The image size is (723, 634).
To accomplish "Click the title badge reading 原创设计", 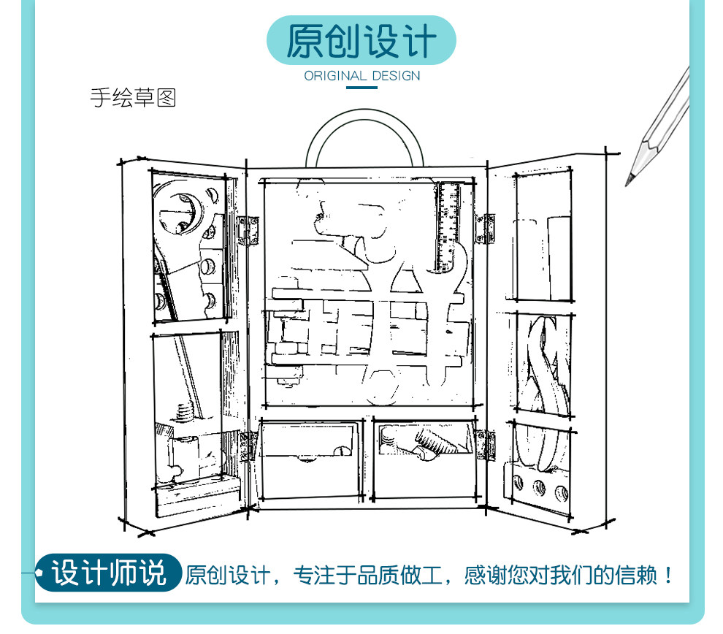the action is click(x=361, y=40).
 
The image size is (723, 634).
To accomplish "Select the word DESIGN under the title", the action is click(x=396, y=76).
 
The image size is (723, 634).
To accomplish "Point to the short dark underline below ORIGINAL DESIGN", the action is click(x=361, y=88).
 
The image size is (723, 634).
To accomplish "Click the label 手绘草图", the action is click(x=133, y=98).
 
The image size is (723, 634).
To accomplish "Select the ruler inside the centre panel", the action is click(x=448, y=226).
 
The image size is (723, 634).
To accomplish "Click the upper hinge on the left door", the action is click(x=250, y=229).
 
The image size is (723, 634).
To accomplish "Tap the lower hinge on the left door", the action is click(x=248, y=445).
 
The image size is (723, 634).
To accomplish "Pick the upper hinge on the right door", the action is click(x=485, y=228).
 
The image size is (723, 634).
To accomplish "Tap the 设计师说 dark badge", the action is click(x=109, y=573).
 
